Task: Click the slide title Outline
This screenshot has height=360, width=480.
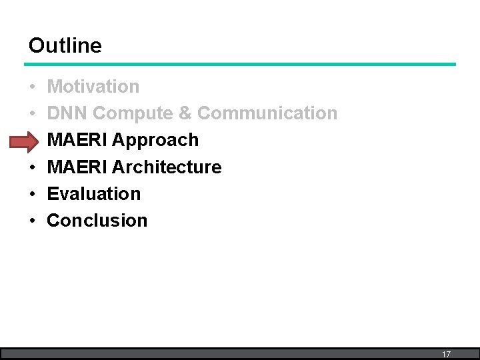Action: pos(65,45)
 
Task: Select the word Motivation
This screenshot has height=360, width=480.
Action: pos(93,87)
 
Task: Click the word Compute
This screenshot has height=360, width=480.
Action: pos(133,113)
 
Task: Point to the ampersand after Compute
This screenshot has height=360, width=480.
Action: pos(185,113)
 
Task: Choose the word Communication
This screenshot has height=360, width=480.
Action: pos(267,113)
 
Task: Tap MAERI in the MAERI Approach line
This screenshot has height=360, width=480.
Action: pos(77,140)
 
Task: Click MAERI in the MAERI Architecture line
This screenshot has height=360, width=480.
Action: pos(77,167)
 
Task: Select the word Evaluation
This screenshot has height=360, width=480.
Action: pos(94,193)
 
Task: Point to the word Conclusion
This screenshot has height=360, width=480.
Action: pos(97,220)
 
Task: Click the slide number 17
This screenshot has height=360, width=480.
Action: pos(446,355)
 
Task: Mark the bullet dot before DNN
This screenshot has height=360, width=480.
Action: pos(32,114)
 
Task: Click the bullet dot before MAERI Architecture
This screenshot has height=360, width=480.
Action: pos(32,167)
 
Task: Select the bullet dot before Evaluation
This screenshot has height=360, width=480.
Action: pos(32,194)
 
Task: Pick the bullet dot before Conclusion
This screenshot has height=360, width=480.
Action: pos(32,221)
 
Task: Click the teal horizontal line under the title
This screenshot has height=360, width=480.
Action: pos(240,64)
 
